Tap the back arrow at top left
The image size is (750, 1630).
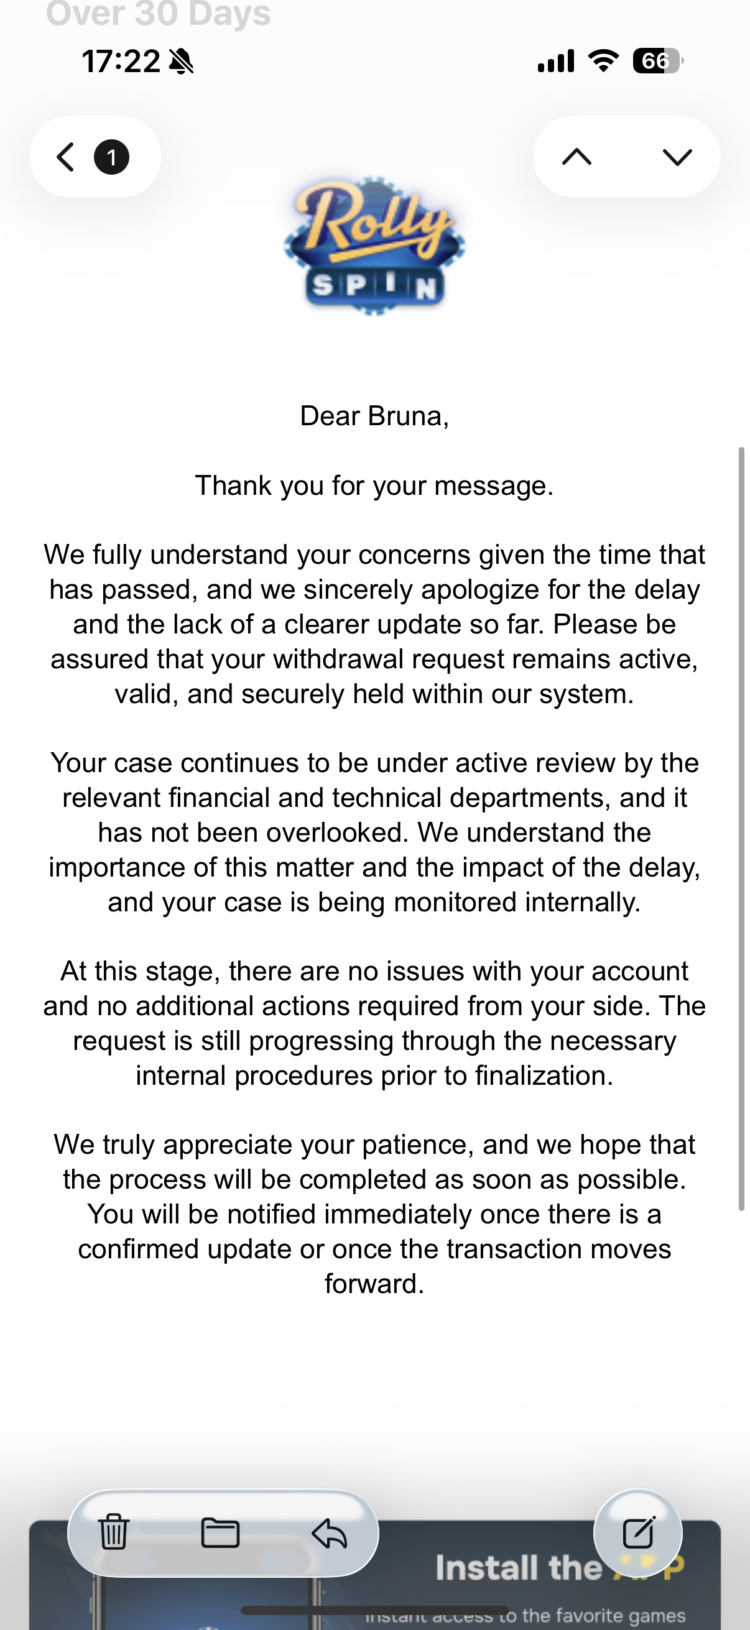[66, 157]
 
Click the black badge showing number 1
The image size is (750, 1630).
[111, 157]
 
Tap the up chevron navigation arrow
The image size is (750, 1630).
[576, 157]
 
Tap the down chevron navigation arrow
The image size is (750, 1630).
[677, 157]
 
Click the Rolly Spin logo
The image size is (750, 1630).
[374, 246]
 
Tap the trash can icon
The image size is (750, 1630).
[114, 1532]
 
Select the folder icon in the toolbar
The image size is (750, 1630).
[220, 1532]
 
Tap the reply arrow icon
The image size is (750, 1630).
[329, 1532]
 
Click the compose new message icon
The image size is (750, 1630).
[638, 1531]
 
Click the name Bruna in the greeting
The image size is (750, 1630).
[405, 417]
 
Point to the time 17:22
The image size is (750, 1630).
[120, 62]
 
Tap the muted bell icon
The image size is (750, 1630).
[182, 62]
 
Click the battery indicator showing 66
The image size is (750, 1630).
[657, 62]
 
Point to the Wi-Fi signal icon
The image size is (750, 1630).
[604, 61]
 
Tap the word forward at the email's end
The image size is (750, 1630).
[374, 1284]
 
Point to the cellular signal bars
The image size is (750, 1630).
[556, 62]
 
